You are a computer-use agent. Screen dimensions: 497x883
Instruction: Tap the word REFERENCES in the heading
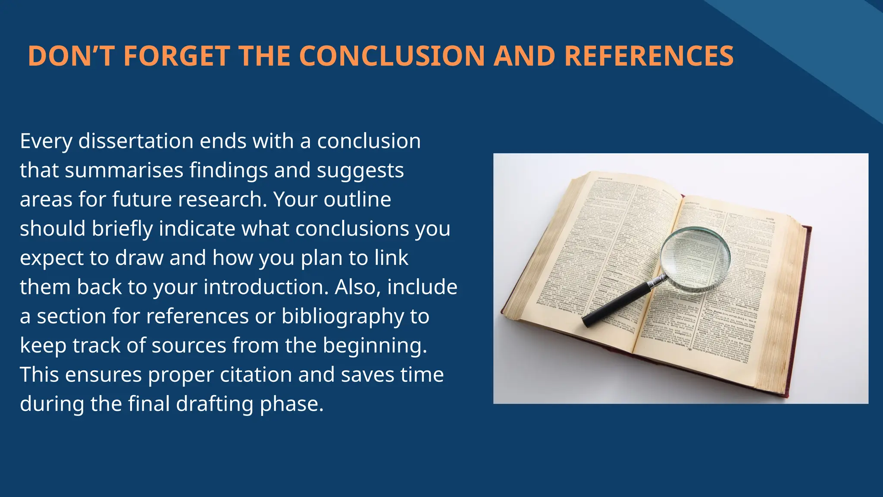click(649, 56)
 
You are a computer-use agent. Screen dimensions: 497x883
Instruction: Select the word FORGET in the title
click(177, 56)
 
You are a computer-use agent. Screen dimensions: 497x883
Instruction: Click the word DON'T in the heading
click(71, 56)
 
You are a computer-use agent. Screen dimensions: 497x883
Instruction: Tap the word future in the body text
click(142, 199)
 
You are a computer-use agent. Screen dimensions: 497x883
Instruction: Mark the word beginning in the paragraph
click(375, 346)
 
